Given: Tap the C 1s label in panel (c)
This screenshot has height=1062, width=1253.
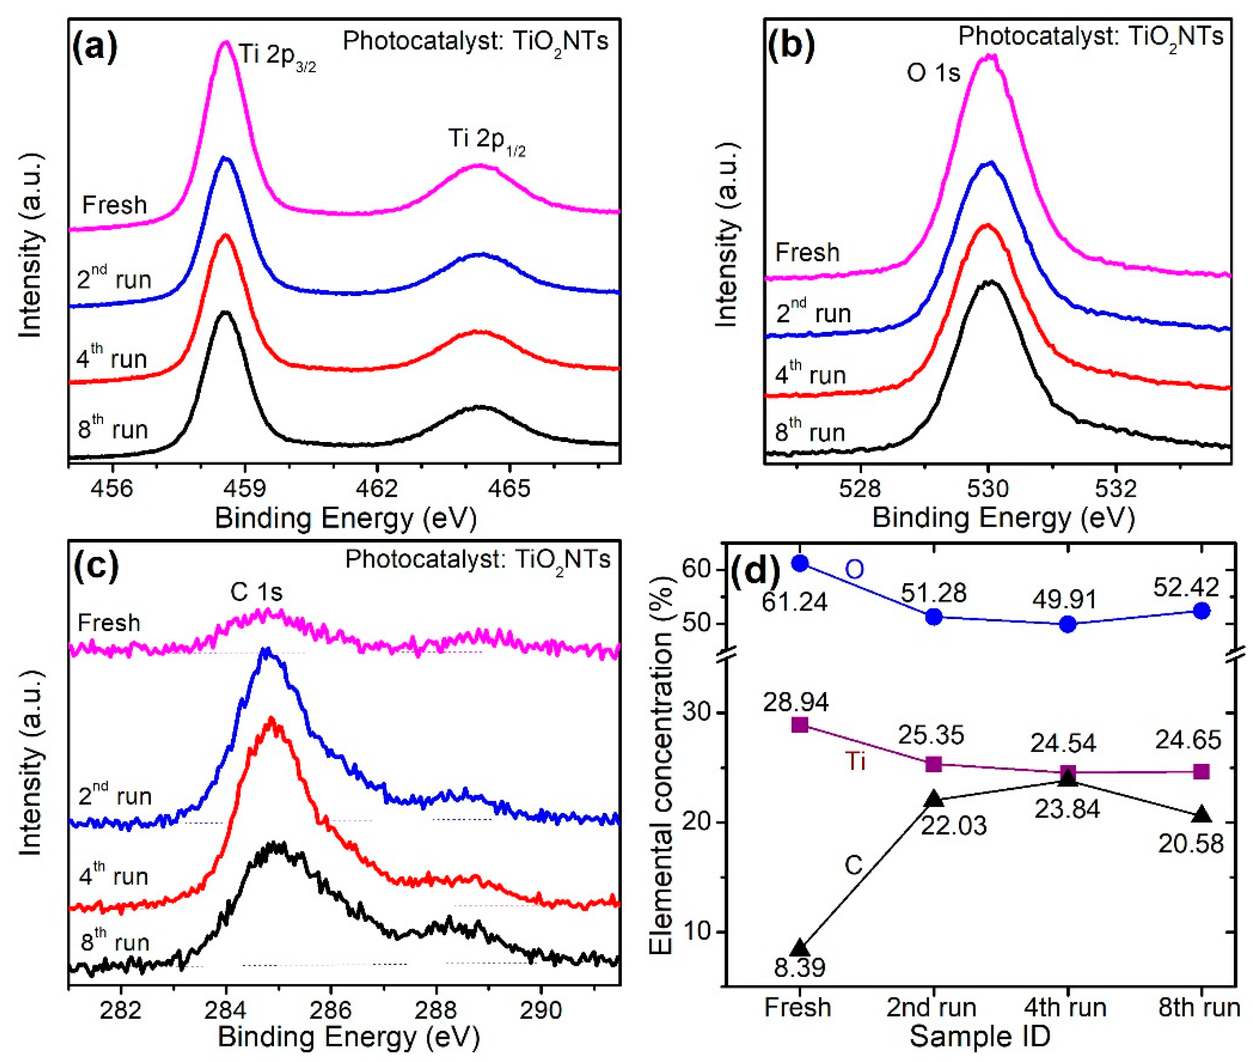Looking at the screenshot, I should [256, 592].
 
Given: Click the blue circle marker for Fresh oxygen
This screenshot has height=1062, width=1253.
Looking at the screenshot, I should [800, 563].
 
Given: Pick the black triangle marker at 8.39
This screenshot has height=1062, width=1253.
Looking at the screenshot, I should [800, 948].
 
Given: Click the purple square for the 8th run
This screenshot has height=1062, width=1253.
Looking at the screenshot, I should [1201, 772].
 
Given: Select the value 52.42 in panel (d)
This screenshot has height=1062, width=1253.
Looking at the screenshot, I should [1186, 587].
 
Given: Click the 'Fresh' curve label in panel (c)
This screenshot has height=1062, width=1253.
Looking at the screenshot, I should [109, 623].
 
